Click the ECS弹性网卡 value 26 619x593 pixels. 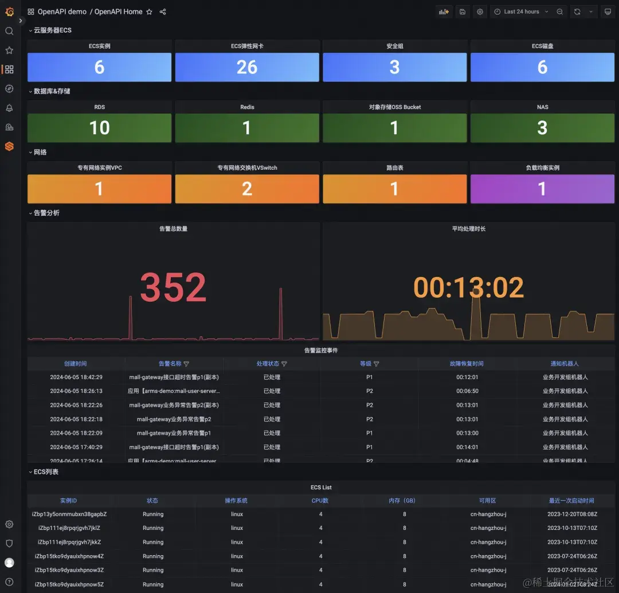[247, 68]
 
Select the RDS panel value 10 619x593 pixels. [99, 128]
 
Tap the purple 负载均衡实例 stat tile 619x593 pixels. [542, 189]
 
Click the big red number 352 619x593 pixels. [173, 287]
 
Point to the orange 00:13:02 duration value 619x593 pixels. [469, 288]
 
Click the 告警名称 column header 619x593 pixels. [170, 364]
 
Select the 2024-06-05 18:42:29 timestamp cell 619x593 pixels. [76, 377]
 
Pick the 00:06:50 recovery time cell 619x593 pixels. [467, 391]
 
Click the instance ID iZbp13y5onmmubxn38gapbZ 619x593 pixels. [69, 514]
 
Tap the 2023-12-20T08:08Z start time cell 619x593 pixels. [572, 514]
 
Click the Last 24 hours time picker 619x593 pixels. [522, 11]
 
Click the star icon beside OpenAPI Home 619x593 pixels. [150, 11]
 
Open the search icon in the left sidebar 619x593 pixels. [9, 31]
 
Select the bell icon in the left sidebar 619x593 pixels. [9, 108]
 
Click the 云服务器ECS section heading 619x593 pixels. [53, 30]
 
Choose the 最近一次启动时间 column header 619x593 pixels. [571, 501]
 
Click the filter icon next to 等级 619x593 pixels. [377, 364]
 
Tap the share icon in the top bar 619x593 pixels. [163, 11]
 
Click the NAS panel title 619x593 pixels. [542, 107]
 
